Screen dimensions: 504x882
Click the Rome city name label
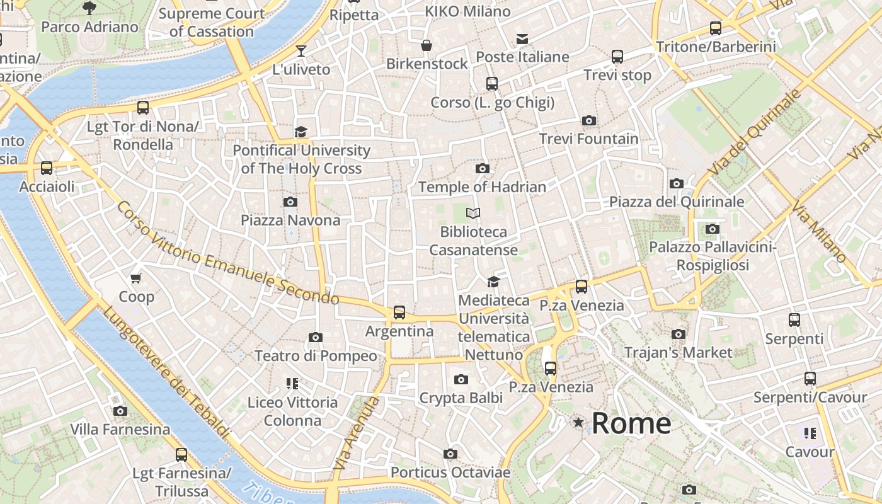[631, 423]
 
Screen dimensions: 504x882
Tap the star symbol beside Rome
[578, 423]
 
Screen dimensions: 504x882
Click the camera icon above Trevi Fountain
[589, 120]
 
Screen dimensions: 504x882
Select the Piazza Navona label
[290, 220]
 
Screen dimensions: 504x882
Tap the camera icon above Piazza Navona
[290, 202]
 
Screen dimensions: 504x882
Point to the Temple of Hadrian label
[482, 187]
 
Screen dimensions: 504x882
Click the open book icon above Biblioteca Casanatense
[473, 214]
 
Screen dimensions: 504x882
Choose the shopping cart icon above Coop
[135, 278]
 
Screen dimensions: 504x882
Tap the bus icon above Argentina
[399, 312]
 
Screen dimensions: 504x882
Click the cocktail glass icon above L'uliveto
[301, 51]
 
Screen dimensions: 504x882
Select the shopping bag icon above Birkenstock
[427, 45]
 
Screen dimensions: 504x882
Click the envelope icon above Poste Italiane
[522, 39]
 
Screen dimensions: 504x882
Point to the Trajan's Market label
[679, 352]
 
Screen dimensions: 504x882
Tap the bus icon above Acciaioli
[47, 168]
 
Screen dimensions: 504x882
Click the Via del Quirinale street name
[754, 133]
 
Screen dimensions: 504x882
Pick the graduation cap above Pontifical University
[301, 132]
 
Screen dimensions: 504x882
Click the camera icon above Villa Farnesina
[120, 411]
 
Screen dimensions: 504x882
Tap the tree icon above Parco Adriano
[89, 8]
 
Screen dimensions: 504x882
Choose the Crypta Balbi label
[461, 398]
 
